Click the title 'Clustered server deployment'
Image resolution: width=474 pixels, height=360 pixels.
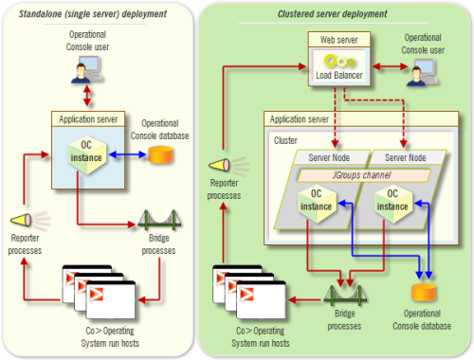[332, 14]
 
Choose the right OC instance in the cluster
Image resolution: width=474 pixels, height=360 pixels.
[391, 203]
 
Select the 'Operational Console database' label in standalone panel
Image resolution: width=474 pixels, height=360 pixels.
[167, 130]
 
